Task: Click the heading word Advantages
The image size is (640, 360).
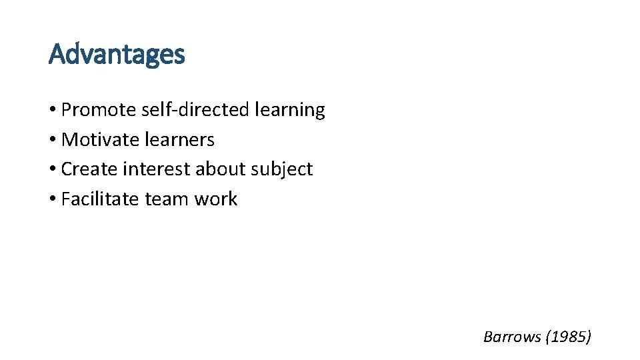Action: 117,55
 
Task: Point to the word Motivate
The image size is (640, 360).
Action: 95,140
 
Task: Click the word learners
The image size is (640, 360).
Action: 184,140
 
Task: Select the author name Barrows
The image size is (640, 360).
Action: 512,337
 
